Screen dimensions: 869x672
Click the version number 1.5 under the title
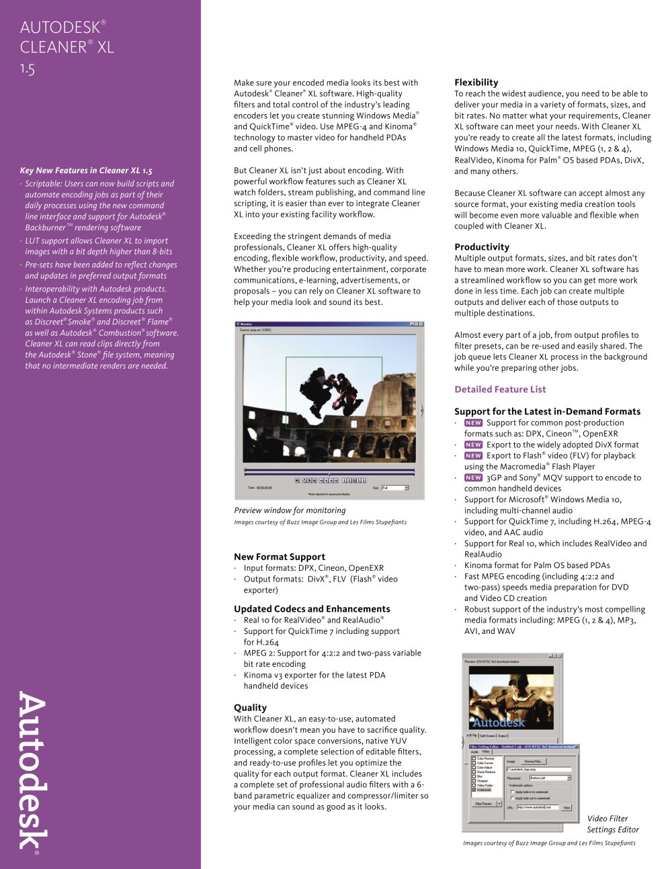(28, 68)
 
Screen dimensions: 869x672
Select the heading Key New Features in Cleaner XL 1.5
(86, 171)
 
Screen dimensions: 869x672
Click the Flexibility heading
(476, 83)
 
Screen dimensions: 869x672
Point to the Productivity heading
(481, 247)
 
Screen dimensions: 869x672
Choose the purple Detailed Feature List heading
(500, 390)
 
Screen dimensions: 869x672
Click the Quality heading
(250, 708)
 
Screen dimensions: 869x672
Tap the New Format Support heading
(279, 557)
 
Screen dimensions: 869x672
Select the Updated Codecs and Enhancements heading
(312, 609)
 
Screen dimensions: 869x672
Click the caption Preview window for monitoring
(290, 510)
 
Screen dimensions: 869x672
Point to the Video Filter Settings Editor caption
(612, 824)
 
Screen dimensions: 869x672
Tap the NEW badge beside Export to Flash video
(473, 456)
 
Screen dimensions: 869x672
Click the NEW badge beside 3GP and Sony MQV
(473, 478)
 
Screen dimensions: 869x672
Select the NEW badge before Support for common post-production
(473, 423)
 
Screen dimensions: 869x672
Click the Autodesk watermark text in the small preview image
(499, 723)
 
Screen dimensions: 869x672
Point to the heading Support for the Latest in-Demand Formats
(547, 412)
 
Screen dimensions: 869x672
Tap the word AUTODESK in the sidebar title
(60, 28)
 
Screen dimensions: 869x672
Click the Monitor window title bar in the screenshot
(329, 324)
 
